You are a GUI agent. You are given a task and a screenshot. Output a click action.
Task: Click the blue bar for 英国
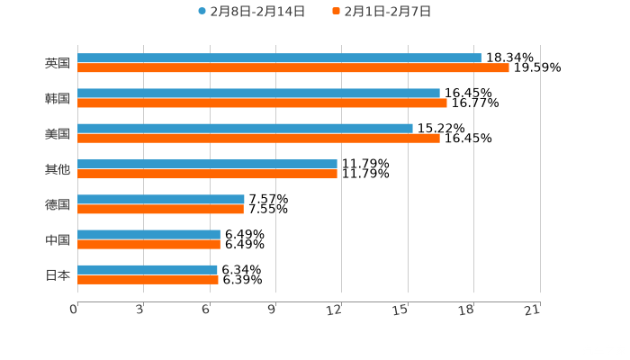(x=279, y=58)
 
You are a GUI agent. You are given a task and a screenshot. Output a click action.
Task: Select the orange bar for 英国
(x=292, y=68)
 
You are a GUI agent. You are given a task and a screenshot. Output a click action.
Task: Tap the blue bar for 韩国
(x=258, y=94)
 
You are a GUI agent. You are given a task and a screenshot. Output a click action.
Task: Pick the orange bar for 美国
(x=258, y=139)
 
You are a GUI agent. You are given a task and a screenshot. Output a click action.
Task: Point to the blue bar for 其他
(x=207, y=164)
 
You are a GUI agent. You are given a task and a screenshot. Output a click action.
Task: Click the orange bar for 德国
(x=160, y=210)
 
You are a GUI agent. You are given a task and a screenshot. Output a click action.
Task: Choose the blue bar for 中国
(x=148, y=235)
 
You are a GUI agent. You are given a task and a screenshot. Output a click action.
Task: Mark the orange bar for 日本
(x=148, y=280)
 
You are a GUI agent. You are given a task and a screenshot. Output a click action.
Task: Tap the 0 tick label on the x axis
(x=75, y=310)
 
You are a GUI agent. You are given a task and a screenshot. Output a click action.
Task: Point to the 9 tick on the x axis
(x=273, y=310)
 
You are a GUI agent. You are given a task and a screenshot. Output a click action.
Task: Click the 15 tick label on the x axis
(x=401, y=310)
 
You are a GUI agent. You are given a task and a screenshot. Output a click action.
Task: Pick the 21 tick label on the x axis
(x=533, y=310)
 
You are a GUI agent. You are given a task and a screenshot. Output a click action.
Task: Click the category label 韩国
(x=58, y=98)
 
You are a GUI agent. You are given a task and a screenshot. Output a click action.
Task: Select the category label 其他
(x=58, y=169)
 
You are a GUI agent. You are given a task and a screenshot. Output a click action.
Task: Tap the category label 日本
(x=58, y=275)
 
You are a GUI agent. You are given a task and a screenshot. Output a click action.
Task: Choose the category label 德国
(x=58, y=204)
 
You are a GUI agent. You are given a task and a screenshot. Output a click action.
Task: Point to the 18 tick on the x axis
(x=467, y=310)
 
